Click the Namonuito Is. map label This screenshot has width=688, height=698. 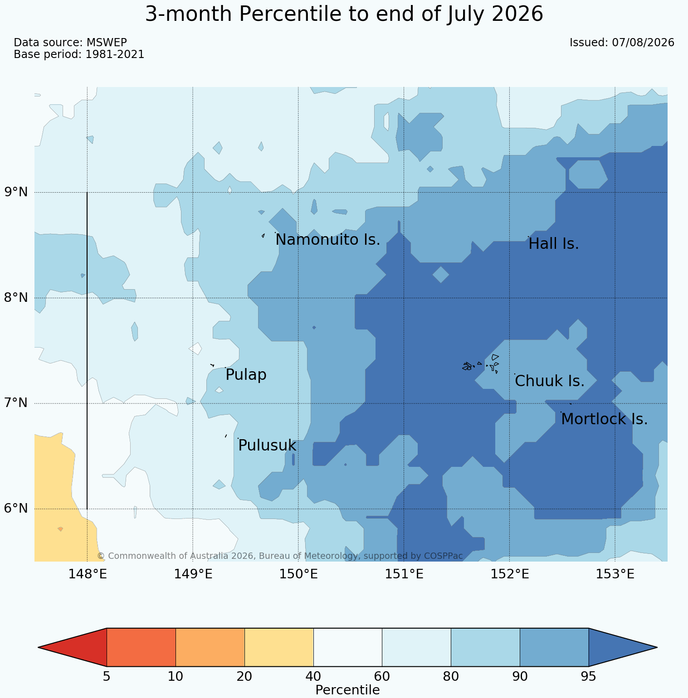tap(328, 240)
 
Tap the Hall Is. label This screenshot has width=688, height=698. tap(554, 244)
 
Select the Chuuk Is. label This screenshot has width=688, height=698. tap(550, 381)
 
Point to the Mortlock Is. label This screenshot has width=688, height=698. tap(604, 419)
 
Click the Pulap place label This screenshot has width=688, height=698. tap(246, 375)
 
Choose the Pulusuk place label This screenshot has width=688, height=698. tap(267, 446)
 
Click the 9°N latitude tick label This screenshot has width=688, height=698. tap(16, 192)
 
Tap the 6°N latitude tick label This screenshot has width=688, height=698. tap(16, 509)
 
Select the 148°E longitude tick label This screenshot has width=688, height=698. tap(87, 574)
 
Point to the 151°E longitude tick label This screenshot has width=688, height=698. tap(404, 574)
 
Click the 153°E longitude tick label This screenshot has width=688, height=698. tap(615, 574)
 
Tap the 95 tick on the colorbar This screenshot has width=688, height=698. tap(588, 677)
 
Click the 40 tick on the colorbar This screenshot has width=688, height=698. tap(313, 677)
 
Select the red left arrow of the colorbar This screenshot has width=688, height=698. tap(73, 647)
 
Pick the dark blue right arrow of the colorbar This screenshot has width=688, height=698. tap(623, 647)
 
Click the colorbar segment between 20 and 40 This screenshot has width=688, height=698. tap(279, 647)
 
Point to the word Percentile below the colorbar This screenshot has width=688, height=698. tap(347, 690)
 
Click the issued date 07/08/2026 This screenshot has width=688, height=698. tap(643, 43)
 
